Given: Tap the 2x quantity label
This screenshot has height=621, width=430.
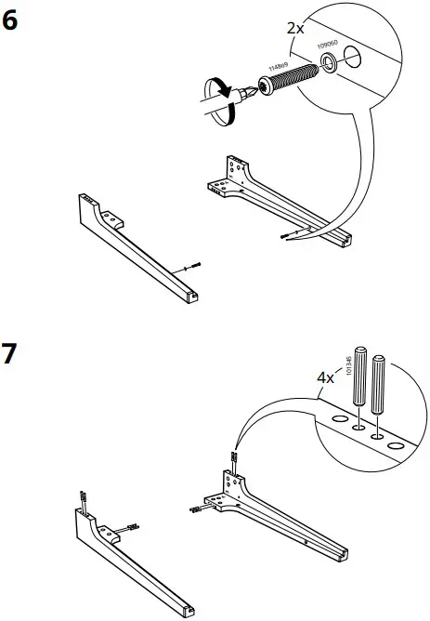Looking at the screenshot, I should coord(294,29).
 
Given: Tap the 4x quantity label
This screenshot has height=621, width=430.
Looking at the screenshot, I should coord(325,378).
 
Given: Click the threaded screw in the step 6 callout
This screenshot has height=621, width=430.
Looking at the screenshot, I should coord(293,80).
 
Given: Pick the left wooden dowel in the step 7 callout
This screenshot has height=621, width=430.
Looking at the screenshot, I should coord(359,381).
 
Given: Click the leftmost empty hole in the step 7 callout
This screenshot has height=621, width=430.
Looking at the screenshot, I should coord(338,419).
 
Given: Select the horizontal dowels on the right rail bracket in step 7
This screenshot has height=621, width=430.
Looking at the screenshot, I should coord(197,509).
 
